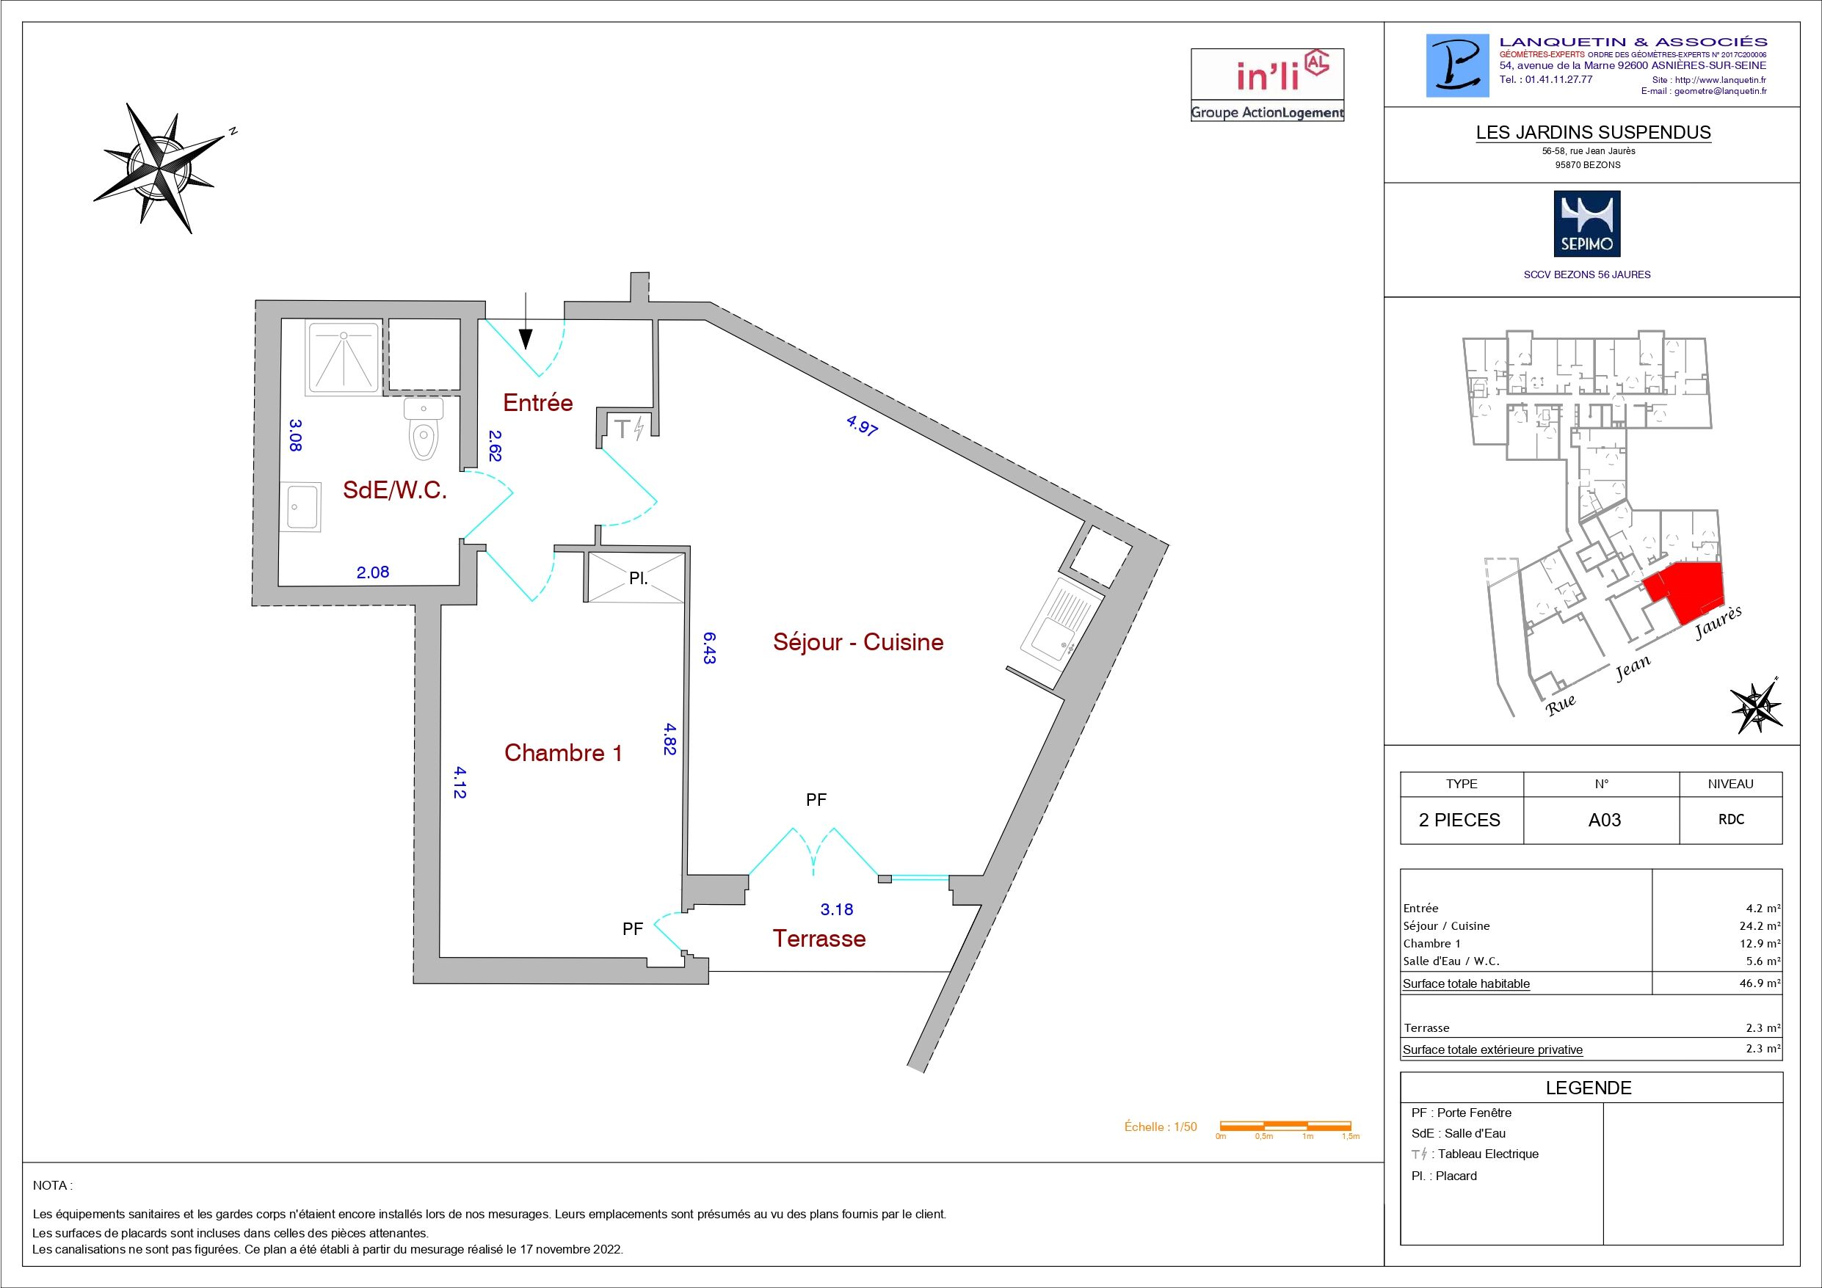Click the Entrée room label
(537, 402)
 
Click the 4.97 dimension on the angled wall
(862, 429)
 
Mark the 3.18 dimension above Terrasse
(836, 909)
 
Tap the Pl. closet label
(638, 578)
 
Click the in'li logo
(1266, 85)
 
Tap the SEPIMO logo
(1586, 223)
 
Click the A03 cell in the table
(1604, 820)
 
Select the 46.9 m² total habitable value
(1759, 983)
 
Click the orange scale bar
(1285, 1125)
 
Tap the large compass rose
(163, 167)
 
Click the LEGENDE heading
(1589, 1088)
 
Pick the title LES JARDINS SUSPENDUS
(1594, 133)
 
